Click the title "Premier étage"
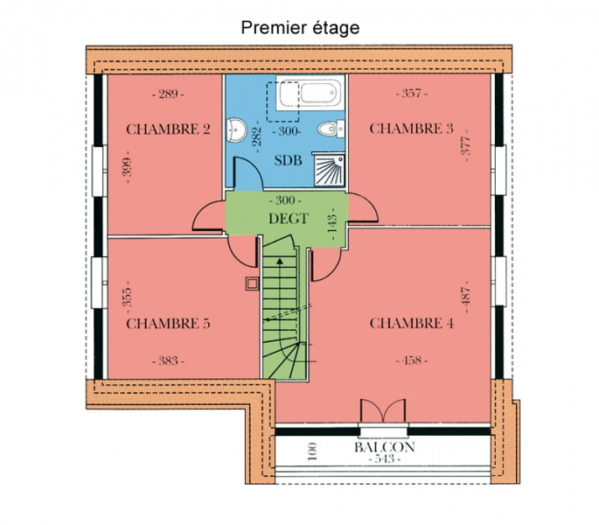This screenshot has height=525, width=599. [300, 28]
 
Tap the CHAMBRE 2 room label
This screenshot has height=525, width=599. [168, 129]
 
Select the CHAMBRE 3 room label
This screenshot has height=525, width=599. [412, 129]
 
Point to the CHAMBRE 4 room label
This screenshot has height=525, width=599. [412, 324]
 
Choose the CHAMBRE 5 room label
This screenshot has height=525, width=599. [168, 324]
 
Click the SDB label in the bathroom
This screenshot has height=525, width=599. [289, 160]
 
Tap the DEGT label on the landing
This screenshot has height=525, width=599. [289, 219]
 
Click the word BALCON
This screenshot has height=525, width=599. [384, 447]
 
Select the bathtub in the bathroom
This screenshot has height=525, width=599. [310, 93]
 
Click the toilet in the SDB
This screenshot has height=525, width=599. [331, 129]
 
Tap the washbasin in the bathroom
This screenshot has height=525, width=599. [236, 129]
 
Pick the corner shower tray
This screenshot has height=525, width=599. [330, 170]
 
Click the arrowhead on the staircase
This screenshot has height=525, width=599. [280, 261]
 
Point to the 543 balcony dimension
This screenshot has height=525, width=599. [385, 458]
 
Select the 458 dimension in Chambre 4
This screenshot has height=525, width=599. [412, 360]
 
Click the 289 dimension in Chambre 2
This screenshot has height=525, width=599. [168, 94]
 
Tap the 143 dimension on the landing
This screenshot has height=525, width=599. [332, 224]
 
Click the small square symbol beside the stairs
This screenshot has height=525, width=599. [252, 284]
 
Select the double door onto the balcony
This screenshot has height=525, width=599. [383, 411]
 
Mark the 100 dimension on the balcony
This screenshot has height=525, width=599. [312, 451]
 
